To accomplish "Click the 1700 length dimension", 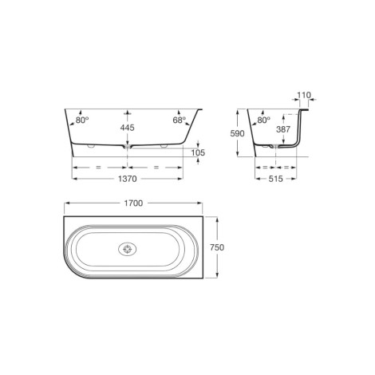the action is point(133,203).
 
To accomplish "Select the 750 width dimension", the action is point(217,247).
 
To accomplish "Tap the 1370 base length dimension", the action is point(128,179).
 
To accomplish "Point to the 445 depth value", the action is point(128,128).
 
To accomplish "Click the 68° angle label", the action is point(179,120).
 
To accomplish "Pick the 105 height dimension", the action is point(198,152).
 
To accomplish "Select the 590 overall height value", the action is point(237,133).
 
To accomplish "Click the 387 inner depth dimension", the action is point(283,129).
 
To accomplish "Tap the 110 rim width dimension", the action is point(304,95).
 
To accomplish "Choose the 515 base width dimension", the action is point(275,179).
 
